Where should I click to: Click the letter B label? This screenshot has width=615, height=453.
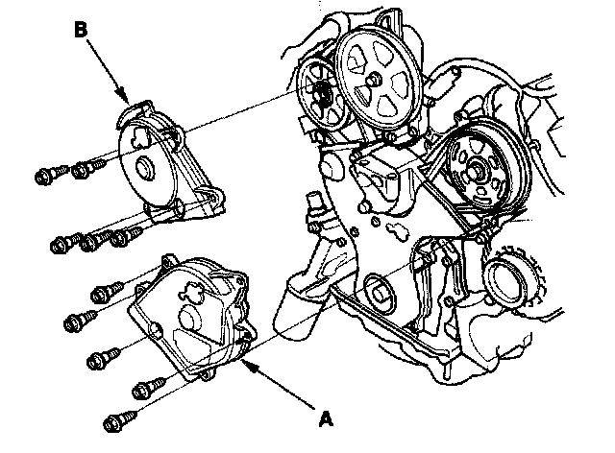click(x=84, y=31)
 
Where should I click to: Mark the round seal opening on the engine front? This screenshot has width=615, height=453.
click(x=378, y=289)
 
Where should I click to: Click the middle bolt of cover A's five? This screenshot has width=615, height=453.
click(x=100, y=359)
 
